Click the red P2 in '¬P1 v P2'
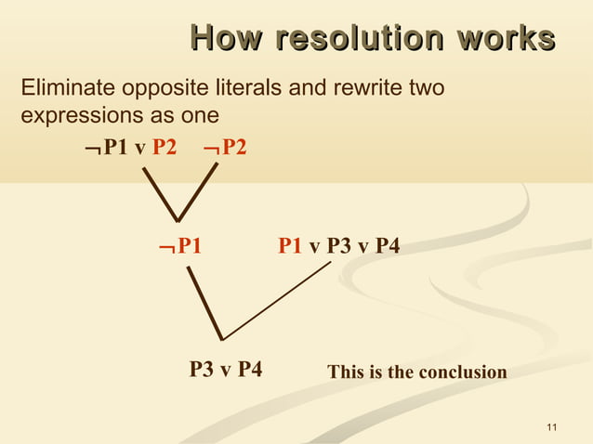[164, 147]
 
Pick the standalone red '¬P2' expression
[224, 147]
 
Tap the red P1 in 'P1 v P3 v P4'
[290, 245]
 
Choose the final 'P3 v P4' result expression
[225, 370]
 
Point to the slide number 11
[552, 427]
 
